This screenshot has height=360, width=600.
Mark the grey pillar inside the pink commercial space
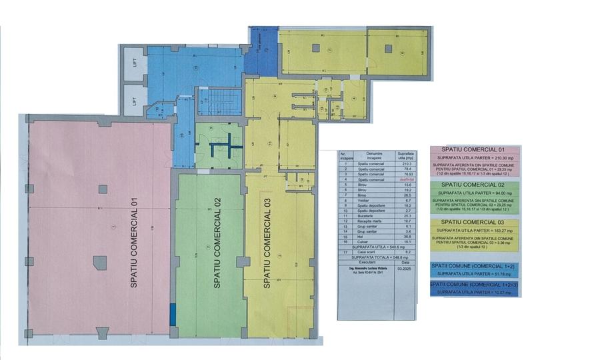[99, 262]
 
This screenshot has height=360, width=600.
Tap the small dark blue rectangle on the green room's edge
[173, 314]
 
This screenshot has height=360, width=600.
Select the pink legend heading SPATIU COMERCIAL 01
[475, 149]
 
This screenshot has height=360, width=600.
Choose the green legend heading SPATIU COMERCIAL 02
[475, 185]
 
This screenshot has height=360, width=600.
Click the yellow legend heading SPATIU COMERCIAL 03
[475, 222]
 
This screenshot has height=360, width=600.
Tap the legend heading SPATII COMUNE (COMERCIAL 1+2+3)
[475, 285]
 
